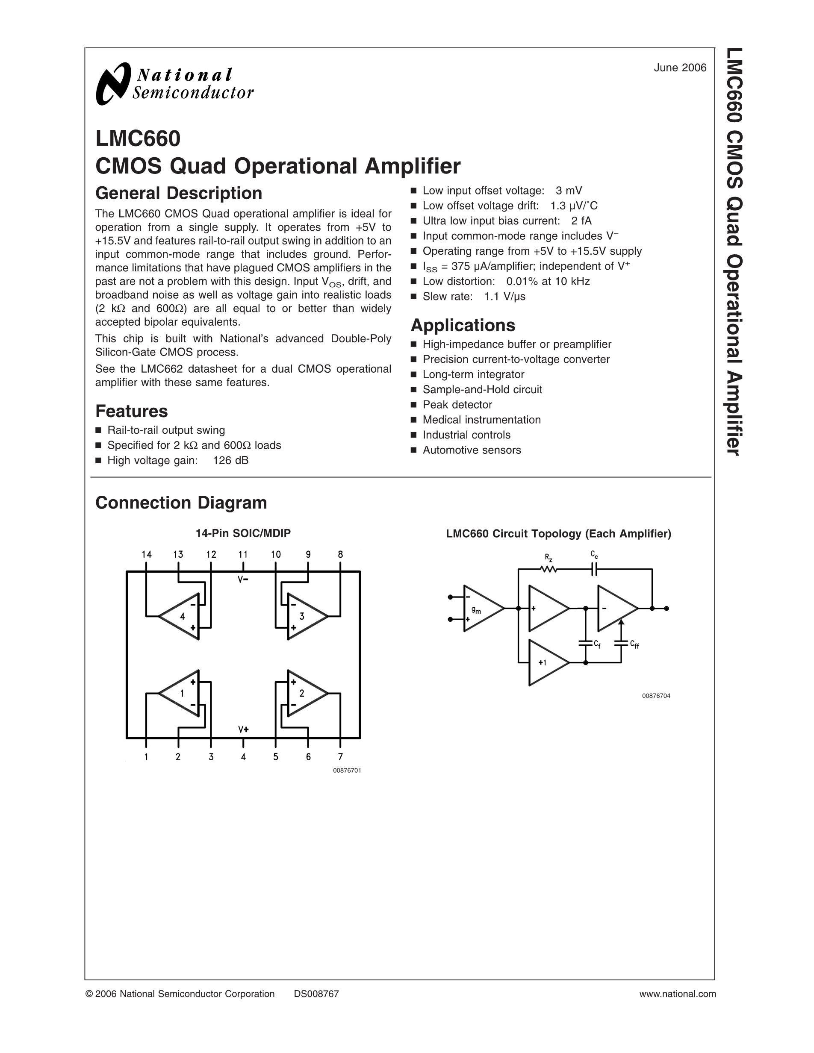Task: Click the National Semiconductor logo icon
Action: click(x=113, y=84)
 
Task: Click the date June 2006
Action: click(x=679, y=68)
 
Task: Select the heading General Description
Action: click(x=178, y=193)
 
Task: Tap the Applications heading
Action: click(x=463, y=326)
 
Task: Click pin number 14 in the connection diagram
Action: click(x=147, y=554)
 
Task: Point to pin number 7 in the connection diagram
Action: click(x=340, y=757)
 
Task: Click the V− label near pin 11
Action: click(x=243, y=579)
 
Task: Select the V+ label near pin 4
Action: click(x=243, y=729)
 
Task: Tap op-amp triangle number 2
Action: click(x=304, y=693)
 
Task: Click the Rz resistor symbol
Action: click(x=548, y=569)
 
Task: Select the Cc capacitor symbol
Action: click(x=594, y=569)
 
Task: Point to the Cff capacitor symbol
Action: click(x=621, y=643)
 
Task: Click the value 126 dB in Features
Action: click(x=230, y=460)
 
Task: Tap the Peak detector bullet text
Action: click(x=457, y=405)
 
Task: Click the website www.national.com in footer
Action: click(x=677, y=994)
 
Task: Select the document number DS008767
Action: click(x=316, y=994)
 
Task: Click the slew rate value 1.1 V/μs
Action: click(x=504, y=297)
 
